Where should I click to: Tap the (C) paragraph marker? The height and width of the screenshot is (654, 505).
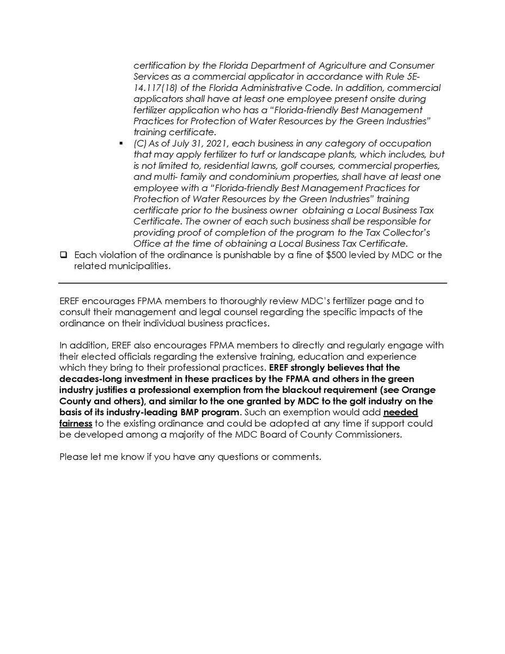click(140, 143)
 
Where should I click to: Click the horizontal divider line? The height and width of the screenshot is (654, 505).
click(252, 283)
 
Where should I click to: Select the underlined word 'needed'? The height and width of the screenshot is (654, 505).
click(399, 412)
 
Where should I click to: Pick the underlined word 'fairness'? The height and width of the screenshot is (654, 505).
click(76, 422)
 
